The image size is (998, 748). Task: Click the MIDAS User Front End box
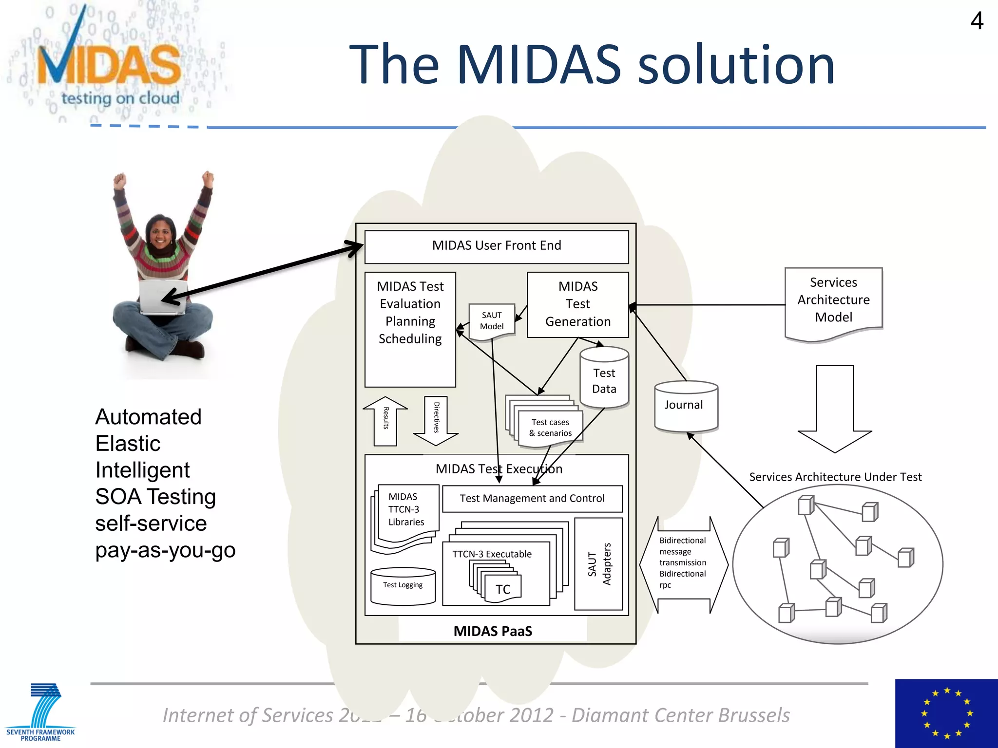[x=496, y=246]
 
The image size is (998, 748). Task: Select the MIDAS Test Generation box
[x=578, y=304]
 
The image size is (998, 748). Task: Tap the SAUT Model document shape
[x=492, y=321]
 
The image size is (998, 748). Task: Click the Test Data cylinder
[x=604, y=380]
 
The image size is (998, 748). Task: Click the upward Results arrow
[x=385, y=421]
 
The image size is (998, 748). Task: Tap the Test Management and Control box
[x=532, y=499]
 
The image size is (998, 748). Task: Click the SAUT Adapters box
[x=598, y=564]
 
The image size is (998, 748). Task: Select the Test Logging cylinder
[x=403, y=586]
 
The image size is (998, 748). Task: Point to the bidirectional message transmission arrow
[x=683, y=564]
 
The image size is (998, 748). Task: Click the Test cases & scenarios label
[x=550, y=428]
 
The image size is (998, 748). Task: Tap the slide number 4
[x=977, y=21]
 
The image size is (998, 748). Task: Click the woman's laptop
[x=161, y=297]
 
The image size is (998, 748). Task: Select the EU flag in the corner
[x=946, y=713]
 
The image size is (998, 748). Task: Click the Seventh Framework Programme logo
[x=41, y=711]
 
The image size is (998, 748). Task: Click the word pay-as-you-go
[x=165, y=550]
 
